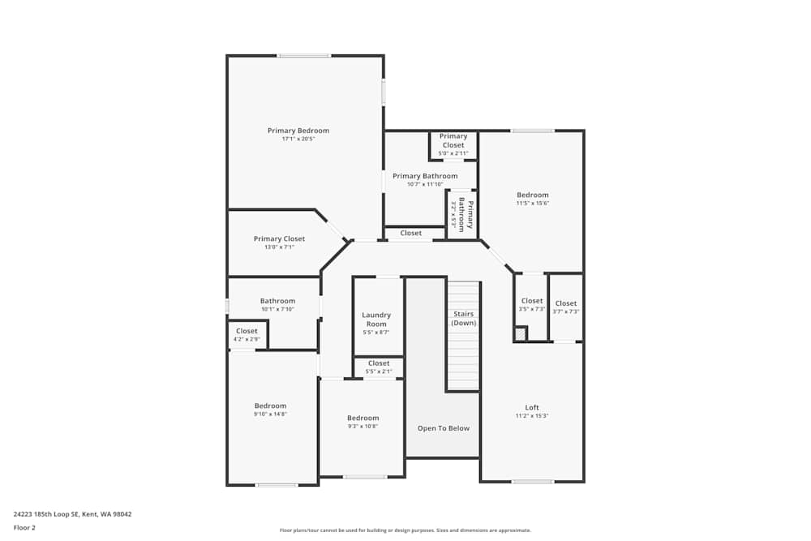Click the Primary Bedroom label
[298, 131]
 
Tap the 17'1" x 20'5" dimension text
[298, 140]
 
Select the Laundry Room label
[376, 320]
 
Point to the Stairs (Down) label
[464, 318]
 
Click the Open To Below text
[444, 428]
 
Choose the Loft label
[532, 408]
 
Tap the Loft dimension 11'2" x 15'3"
[532, 416]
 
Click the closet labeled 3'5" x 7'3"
[532, 306]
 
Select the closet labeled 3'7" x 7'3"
[566, 307]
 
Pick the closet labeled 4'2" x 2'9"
[247, 335]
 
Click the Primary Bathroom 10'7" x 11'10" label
[425, 180]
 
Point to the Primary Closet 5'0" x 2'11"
[453, 144]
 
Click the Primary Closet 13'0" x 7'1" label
[279, 243]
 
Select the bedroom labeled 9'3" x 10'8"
[363, 422]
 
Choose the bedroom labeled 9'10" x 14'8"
[270, 410]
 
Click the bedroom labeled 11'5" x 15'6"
[533, 199]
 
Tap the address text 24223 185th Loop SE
[72, 514]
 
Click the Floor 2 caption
[24, 527]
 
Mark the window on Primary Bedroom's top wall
[304, 56]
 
